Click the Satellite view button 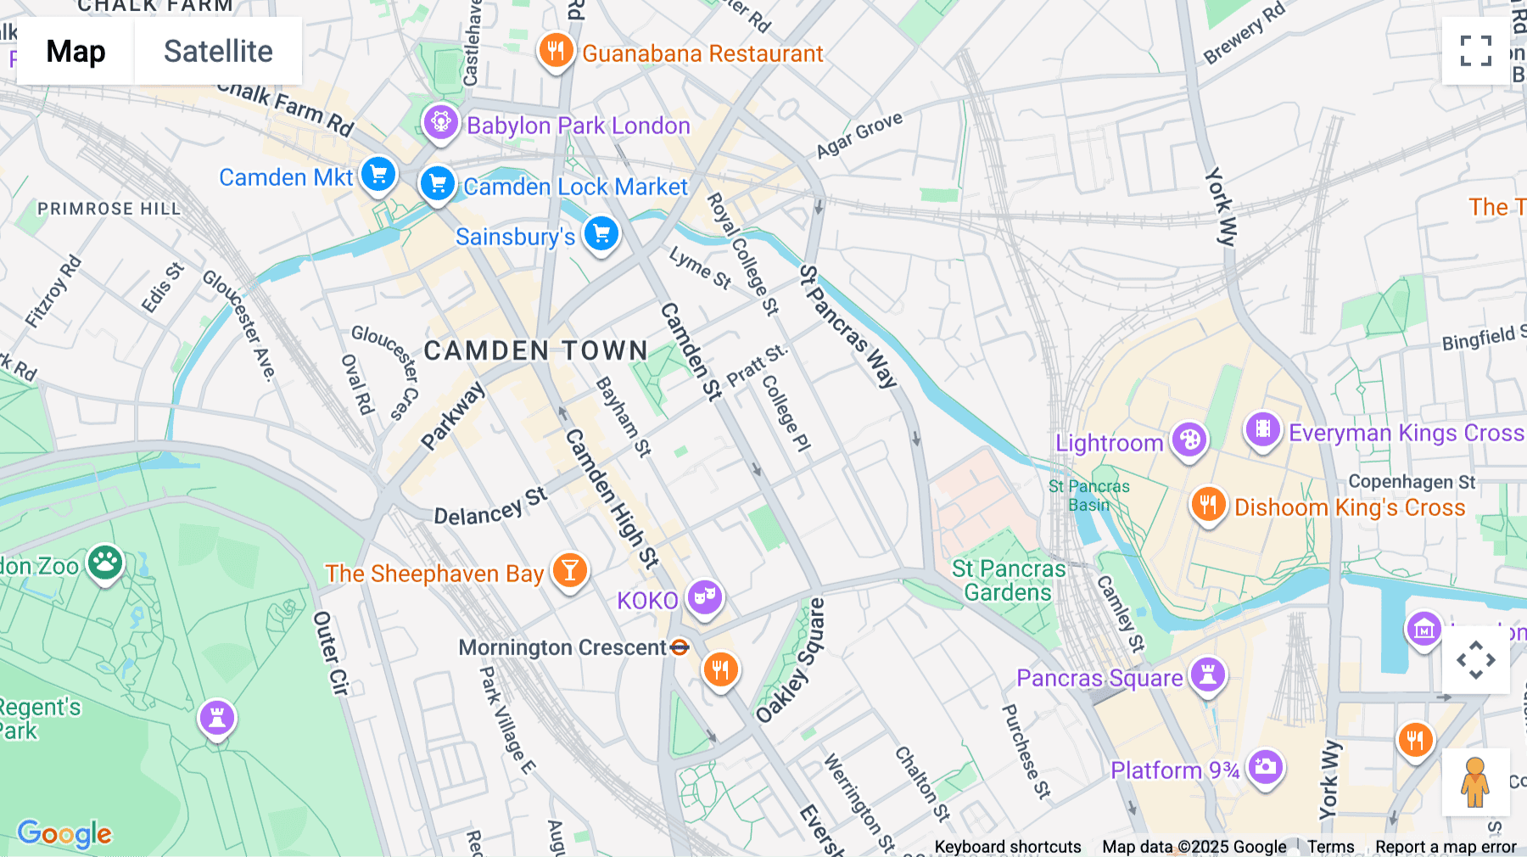218,51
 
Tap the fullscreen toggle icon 1475,51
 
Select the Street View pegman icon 1475,781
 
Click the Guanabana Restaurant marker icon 556,50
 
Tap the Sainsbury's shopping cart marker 601,233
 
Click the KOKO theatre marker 704,597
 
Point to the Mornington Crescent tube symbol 680,647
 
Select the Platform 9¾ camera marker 1265,767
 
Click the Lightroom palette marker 1189,440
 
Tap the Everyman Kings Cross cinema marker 1262,429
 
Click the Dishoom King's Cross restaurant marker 1208,504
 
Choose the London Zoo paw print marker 105,562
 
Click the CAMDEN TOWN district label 535,350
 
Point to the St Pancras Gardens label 1008,580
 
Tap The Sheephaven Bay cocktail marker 569,570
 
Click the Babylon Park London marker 440,122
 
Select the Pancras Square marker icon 1207,675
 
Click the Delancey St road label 490,507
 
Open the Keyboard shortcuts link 1007,846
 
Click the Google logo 64,833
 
